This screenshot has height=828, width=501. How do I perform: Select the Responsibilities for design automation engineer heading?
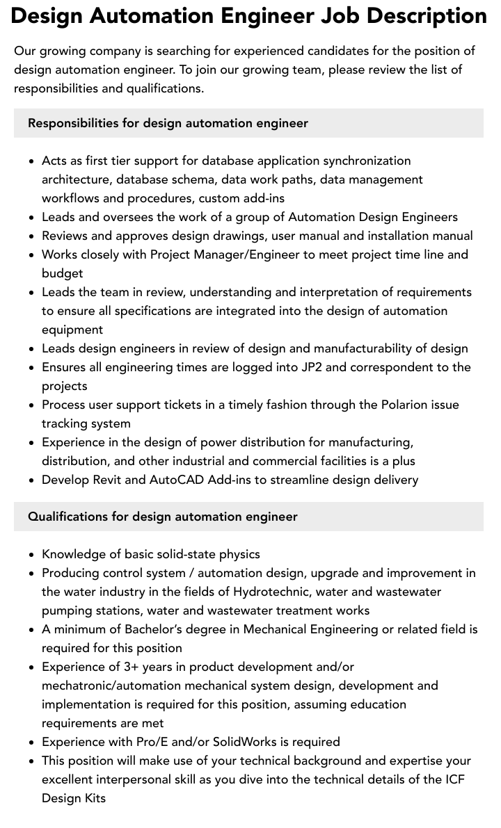(x=168, y=123)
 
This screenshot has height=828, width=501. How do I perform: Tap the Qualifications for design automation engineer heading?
(x=162, y=517)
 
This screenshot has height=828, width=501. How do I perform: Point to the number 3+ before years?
(x=132, y=667)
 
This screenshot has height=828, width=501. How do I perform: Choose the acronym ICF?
(x=454, y=779)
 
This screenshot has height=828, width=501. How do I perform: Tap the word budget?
(x=62, y=273)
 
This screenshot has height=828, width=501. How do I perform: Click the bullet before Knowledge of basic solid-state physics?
(x=32, y=555)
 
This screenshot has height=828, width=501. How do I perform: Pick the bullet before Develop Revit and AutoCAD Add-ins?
(x=32, y=480)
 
